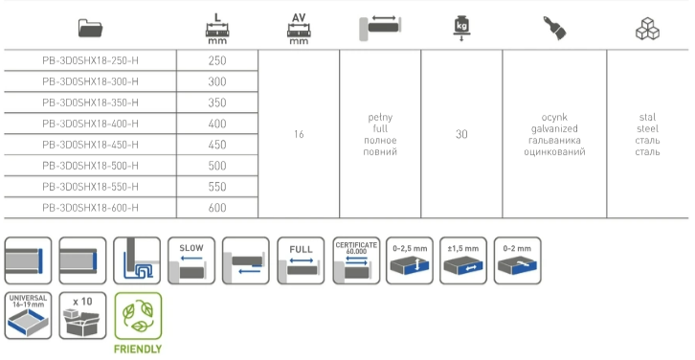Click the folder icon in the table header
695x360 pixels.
coord(90,28)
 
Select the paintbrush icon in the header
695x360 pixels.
coord(554,29)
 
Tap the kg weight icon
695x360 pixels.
coord(461,28)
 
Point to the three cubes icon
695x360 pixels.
coord(647,29)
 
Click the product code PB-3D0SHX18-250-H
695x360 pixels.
coord(90,60)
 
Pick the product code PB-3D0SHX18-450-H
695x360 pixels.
coord(90,145)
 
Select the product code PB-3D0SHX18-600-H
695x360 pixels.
coord(90,208)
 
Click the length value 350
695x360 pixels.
coord(217,102)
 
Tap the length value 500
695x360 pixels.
coord(217,166)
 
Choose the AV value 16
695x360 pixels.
coord(299,134)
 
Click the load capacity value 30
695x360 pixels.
coord(461,134)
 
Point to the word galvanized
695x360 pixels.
coord(554,129)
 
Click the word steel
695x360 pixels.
coord(647,129)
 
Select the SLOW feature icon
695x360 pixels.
coord(191,260)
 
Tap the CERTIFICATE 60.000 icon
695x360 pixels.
coord(356,260)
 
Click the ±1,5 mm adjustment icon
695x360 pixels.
coord(463,260)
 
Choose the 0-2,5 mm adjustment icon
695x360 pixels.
coord(410,260)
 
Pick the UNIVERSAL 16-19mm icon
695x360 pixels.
coord(28,316)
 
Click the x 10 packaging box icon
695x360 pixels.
coord(82,316)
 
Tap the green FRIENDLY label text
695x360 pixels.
coord(138,349)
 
